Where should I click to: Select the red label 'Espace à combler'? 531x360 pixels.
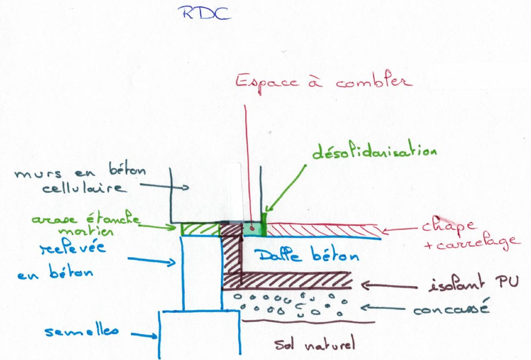pyautogui.click(x=324, y=82)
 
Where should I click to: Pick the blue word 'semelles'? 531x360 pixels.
pyautogui.click(x=82, y=331)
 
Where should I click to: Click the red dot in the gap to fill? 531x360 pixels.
pyautogui.click(x=251, y=228)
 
